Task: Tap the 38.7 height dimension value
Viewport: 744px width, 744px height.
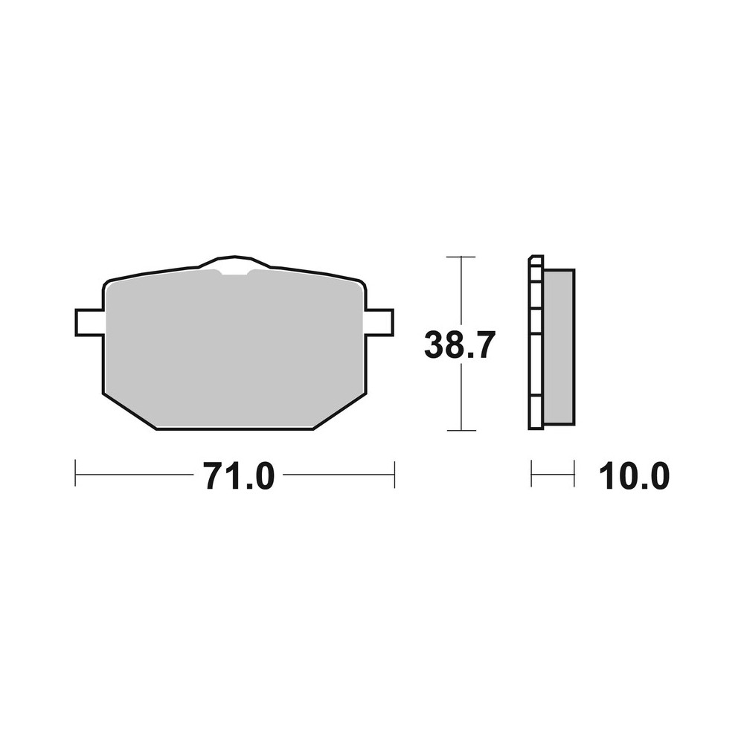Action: pos(459,346)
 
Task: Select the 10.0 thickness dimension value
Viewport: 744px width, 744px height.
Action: pos(634,476)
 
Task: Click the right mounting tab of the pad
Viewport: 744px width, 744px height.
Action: pos(379,322)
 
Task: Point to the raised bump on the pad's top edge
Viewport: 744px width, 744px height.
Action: pos(234,262)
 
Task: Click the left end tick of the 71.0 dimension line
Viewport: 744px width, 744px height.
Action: pos(77,474)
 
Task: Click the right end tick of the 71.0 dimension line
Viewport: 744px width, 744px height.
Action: pos(394,474)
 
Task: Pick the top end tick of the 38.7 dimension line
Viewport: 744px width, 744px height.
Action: pos(462,257)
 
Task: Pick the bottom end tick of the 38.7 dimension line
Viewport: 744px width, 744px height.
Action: pos(462,430)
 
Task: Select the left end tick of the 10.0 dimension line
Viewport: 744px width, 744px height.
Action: pos(531,474)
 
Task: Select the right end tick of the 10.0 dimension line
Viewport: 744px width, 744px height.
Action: pos(574,474)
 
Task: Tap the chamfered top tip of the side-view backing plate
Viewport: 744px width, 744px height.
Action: pos(533,260)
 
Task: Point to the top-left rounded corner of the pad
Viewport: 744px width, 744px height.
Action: pos(109,284)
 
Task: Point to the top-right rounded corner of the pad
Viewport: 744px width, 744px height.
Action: pos(360,283)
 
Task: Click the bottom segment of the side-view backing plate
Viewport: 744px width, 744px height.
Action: pos(535,415)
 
